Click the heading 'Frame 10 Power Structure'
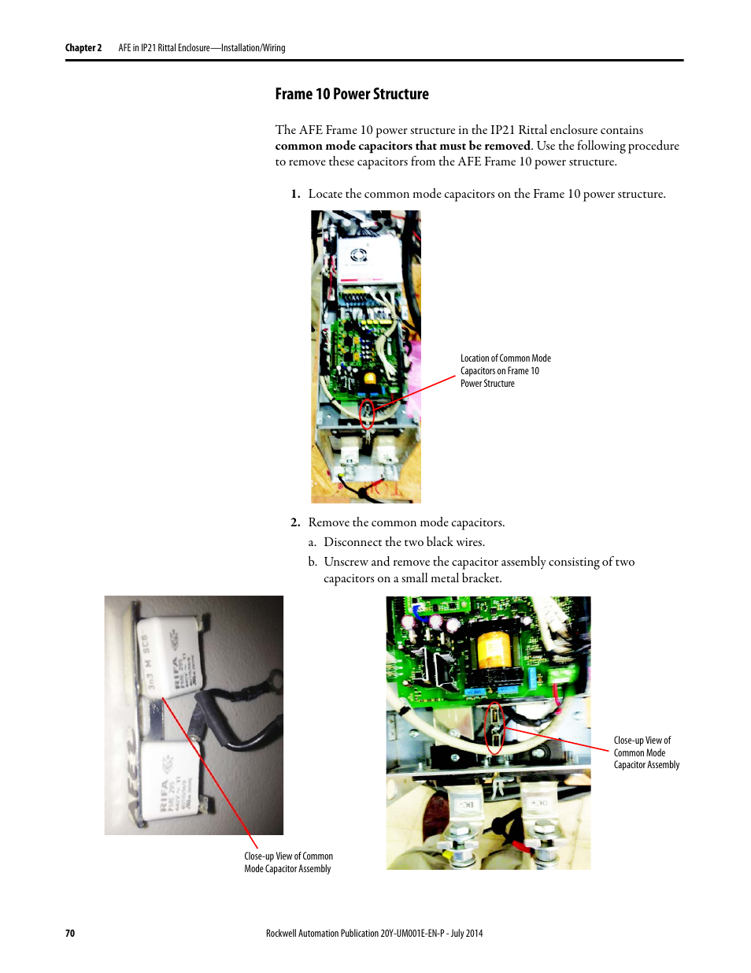tap(352, 95)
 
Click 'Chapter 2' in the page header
tap(83, 48)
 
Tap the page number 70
tap(70, 933)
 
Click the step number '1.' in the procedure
tap(295, 194)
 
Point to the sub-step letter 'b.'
tap(313, 562)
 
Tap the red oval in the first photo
tap(367, 414)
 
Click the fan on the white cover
tap(359, 254)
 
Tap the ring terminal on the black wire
tap(272, 677)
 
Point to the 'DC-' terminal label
tap(467, 804)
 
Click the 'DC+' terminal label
tap(538, 804)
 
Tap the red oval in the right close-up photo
tap(494, 727)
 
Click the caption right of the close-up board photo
tap(646, 752)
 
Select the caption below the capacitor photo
tap(288, 862)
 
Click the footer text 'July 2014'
tap(467, 933)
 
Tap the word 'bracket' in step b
tap(479, 578)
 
